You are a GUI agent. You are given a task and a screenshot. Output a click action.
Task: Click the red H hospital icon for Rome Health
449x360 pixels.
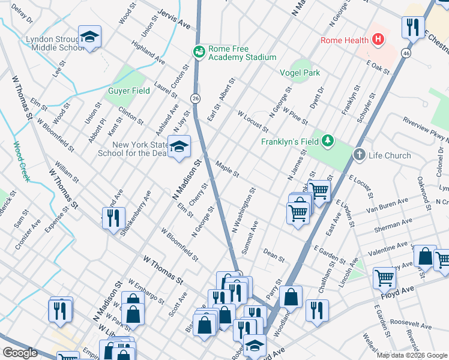(378, 40)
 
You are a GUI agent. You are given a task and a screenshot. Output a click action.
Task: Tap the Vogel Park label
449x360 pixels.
(300, 73)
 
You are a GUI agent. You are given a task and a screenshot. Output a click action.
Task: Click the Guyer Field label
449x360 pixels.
(128, 91)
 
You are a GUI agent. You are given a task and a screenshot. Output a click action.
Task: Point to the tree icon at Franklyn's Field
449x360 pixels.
(327, 142)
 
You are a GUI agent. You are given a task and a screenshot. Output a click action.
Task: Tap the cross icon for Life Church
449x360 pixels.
(360, 155)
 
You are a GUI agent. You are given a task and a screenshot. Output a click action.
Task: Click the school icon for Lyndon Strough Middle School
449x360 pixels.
(89, 38)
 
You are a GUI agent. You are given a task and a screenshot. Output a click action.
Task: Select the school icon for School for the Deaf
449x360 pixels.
(178, 146)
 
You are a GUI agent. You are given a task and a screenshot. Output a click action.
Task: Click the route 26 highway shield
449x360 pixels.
(196, 97)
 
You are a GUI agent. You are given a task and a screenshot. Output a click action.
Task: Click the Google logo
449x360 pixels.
(20, 353)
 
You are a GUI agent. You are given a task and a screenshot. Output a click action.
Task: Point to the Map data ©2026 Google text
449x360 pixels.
(412, 355)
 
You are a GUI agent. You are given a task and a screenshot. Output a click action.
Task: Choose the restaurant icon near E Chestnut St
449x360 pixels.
(413, 26)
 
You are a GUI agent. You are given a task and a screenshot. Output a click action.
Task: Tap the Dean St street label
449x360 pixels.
(273, 256)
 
